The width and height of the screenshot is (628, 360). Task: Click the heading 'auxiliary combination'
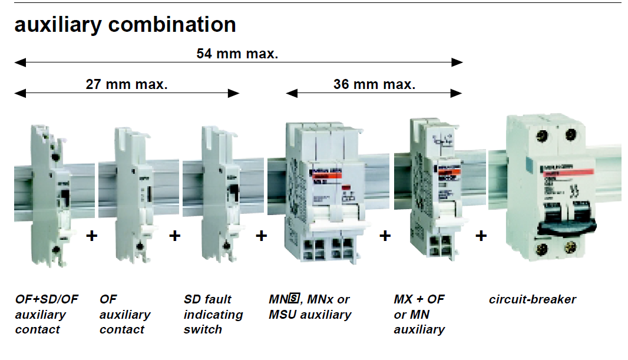point(125,25)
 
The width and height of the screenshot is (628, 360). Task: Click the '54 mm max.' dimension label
point(237,54)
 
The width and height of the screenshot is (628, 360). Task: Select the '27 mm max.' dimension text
point(127,84)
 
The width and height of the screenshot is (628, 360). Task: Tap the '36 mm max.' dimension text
point(374,84)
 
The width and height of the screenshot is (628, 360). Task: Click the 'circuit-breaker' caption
point(532,299)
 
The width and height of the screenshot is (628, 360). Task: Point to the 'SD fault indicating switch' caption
point(213,314)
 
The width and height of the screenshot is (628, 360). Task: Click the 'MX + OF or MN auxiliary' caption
point(419,314)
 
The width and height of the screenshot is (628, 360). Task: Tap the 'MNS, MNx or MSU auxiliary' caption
point(309,307)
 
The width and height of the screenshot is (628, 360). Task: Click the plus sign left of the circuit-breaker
point(481,236)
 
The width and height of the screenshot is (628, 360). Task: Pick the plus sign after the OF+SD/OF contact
point(91,236)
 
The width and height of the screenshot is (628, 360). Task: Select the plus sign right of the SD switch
point(262,236)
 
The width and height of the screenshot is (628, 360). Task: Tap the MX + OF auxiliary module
point(437,189)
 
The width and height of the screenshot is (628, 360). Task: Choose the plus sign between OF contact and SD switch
point(174,236)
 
